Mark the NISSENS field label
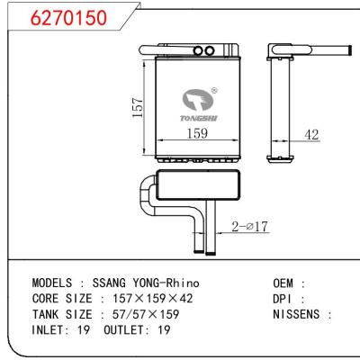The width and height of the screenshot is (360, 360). point(298,314)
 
